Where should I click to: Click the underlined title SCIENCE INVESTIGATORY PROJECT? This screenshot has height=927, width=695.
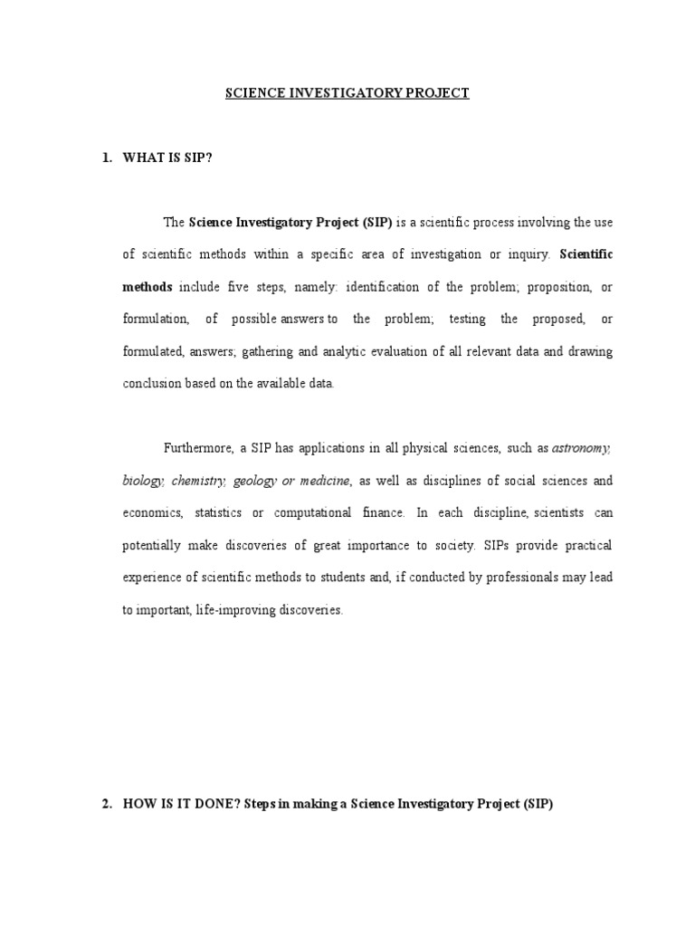click(347, 93)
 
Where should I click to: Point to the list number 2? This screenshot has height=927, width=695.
click(106, 803)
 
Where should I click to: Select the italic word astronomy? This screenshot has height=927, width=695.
click(582, 447)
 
